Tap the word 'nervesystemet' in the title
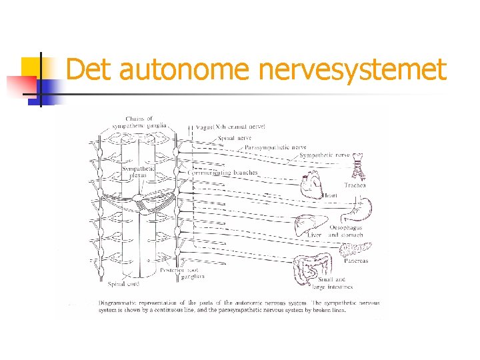[x=351, y=69]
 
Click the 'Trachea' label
[x=355, y=185]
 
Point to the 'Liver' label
[x=315, y=235]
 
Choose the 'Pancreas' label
[x=356, y=261]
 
